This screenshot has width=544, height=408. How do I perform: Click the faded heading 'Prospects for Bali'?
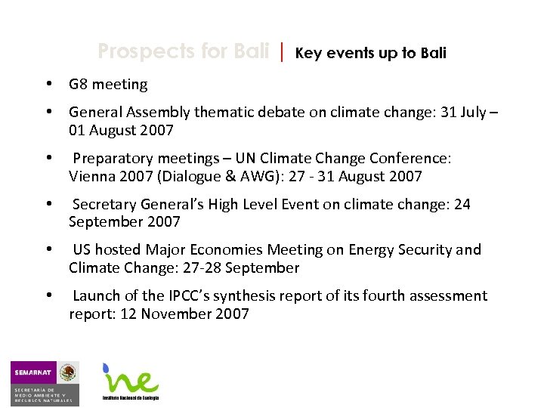pyautogui.click(x=183, y=52)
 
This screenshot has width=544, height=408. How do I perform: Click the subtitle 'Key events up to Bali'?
pyautogui.click(x=370, y=53)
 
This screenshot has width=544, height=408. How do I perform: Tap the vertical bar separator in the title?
pyautogui.click(x=281, y=52)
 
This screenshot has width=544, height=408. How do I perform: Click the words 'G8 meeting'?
pyautogui.click(x=108, y=85)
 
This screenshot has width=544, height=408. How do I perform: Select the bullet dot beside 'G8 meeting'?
pyautogui.click(x=48, y=84)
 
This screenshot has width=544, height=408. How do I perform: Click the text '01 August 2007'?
pyautogui.click(x=121, y=131)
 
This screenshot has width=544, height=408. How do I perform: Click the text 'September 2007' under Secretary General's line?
pyautogui.click(x=124, y=222)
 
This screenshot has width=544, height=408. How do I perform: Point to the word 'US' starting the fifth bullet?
pyautogui.click(x=82, y=250)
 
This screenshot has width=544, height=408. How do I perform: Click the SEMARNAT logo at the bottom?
pyautogui.click(x=44, y=382)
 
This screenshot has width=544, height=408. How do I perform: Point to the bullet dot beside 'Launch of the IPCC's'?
pyautogui.click(x=48, y=295)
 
